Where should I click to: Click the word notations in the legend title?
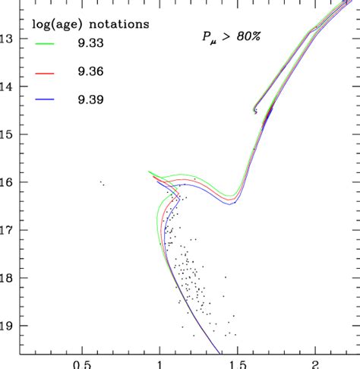117,25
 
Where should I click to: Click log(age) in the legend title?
57,25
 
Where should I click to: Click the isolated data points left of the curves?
102,183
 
